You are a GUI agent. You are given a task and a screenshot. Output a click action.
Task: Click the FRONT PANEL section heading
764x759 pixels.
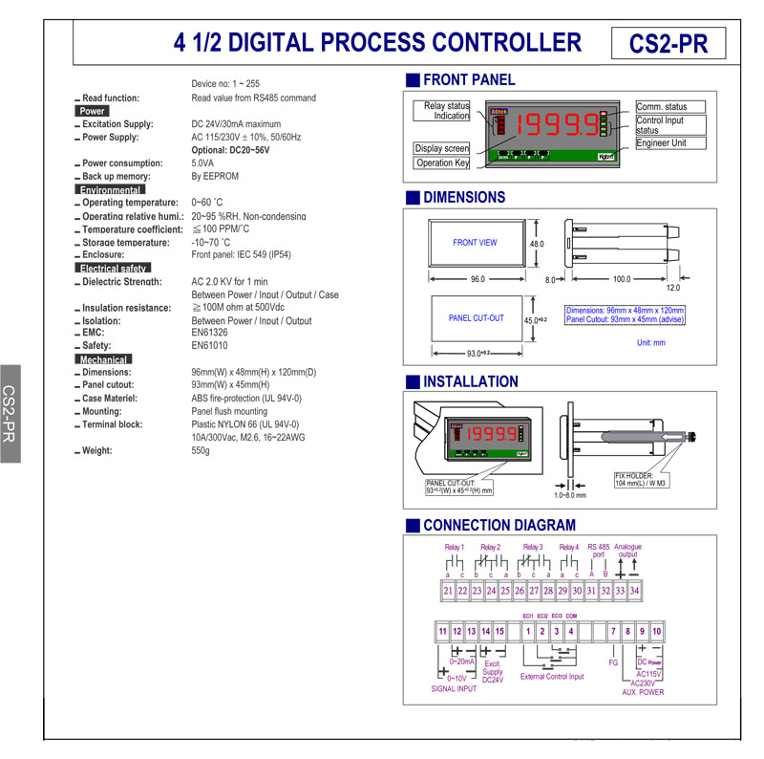(469, 80)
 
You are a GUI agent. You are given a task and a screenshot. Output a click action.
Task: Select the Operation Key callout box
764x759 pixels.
(442, 163)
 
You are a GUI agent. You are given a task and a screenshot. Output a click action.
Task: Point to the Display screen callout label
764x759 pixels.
(441, 148)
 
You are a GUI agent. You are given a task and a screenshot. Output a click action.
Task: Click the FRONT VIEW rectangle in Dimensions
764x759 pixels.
(475, 243)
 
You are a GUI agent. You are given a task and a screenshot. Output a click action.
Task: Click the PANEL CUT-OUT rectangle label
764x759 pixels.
(476, 318)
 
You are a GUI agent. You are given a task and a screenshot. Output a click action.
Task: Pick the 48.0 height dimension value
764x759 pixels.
(537, 245)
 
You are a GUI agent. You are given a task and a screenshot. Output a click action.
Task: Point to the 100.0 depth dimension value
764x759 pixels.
(622, 279)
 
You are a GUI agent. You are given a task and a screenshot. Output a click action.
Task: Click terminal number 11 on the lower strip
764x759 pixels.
(442, 632)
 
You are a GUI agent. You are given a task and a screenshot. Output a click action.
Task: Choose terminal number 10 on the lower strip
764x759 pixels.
(657, 632)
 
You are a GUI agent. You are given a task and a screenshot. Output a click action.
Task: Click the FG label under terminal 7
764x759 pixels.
(614, 661)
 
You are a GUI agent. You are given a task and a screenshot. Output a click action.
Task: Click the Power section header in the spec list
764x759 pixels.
(94, 111)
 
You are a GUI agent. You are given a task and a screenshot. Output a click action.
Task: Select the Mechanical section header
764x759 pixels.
(103, 358)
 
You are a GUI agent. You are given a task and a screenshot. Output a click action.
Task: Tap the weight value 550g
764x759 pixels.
(201, 450)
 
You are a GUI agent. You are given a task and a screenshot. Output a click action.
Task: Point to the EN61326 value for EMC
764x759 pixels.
(210, 333)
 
